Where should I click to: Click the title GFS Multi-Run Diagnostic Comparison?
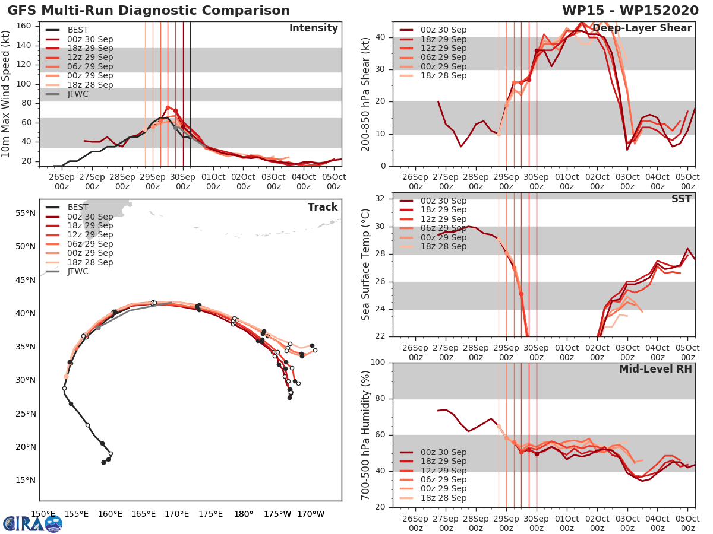(149, 11)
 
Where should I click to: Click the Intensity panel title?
(314, 28)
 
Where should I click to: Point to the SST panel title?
(682, 199)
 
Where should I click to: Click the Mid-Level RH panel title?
(655, 369)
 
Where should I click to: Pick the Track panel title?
(323, 207)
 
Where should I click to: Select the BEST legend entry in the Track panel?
(78, 207)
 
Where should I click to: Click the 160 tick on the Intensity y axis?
(24, 26)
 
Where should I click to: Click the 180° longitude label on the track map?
(244, 514)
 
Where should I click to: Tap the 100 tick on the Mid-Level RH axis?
(377, 363)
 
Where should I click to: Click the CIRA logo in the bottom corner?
(32, 523)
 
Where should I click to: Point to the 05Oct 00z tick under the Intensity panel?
(334, 182)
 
